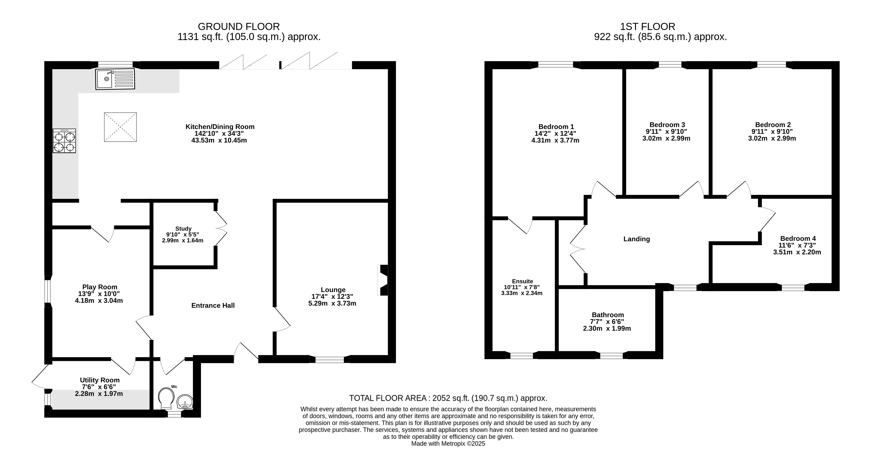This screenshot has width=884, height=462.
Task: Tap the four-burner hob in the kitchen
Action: pos(64,141)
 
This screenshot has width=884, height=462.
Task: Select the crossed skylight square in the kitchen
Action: pos(120,127)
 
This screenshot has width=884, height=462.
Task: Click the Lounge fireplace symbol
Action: pos(383,280)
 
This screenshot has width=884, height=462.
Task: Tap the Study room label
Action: pos(183,228)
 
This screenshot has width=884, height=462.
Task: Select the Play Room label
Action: pos(100,287)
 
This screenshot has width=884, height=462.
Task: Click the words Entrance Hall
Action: pos(213,305)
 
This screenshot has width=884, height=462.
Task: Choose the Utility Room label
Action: pos(100,380)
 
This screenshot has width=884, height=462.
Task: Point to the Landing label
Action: pos(636,239)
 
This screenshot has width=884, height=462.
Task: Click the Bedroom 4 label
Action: pos(798,238)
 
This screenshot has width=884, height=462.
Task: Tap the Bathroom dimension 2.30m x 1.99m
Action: pos(607,328)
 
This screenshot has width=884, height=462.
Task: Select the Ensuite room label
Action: pos(522,281)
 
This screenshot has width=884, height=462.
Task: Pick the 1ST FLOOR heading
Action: pos(648,26)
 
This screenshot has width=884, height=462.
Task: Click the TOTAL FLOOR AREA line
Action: pos(448,398)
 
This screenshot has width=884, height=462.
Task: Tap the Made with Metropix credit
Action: pos(448,443)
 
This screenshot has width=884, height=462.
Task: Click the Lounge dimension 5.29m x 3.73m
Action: pos(332,304)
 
